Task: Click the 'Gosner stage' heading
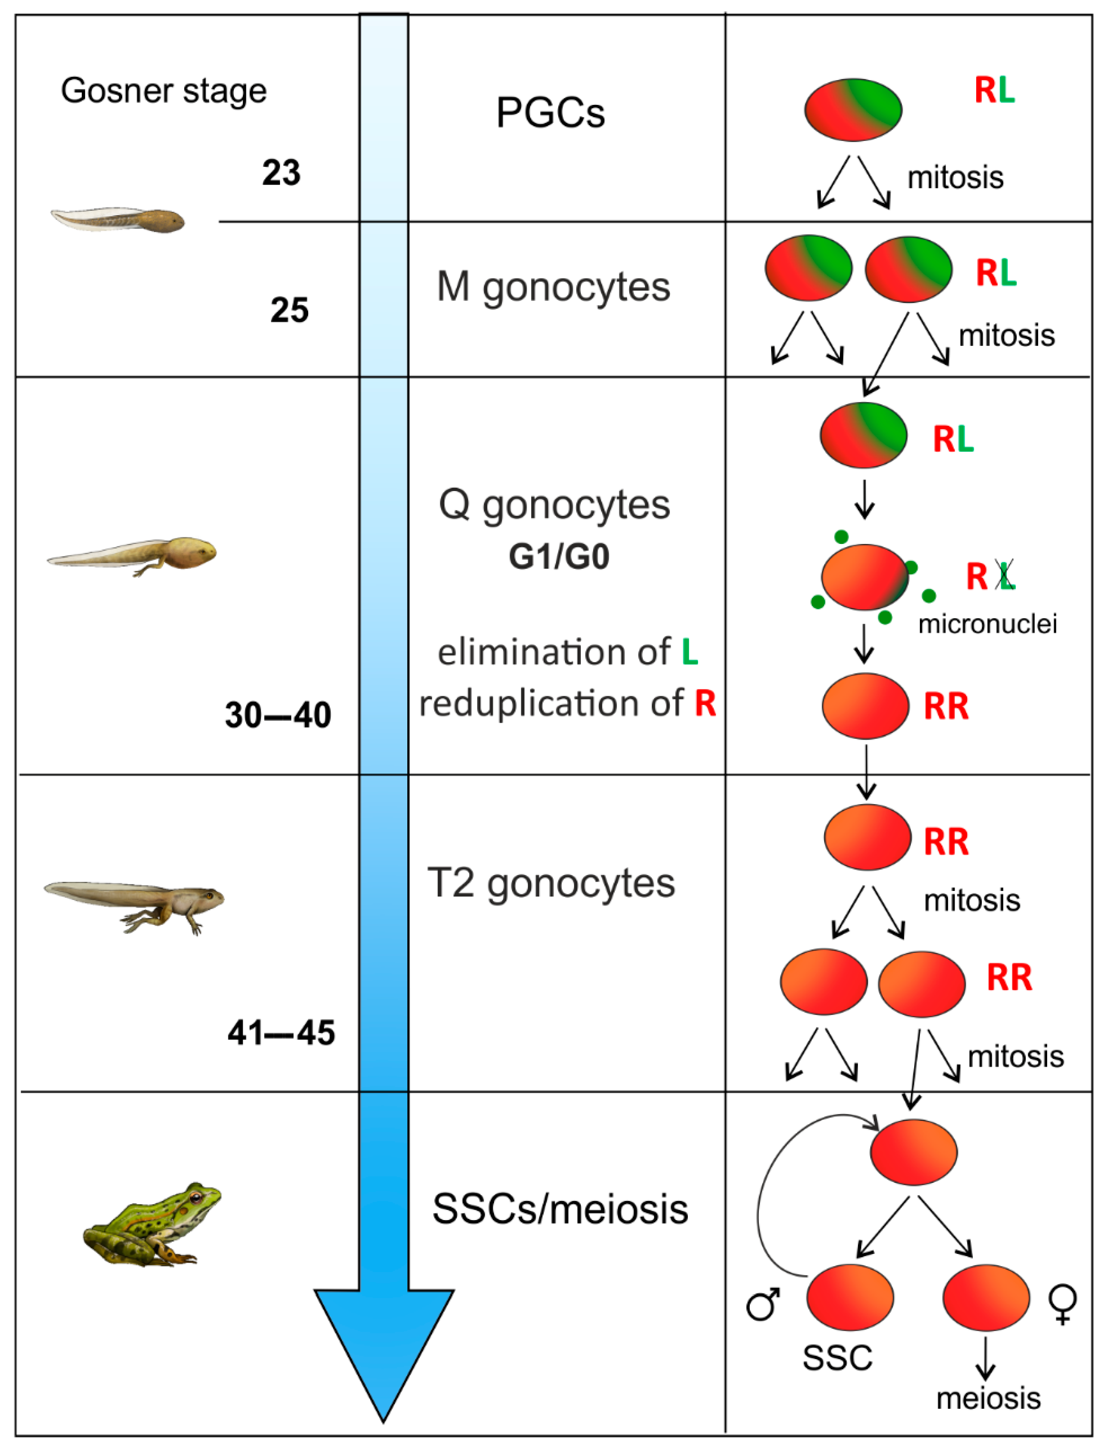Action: (x=164, y=91)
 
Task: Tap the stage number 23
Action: (x=281, y=173)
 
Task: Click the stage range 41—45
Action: (x=281, y=1032)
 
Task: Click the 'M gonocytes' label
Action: (x=553, y=287)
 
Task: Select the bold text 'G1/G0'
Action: (x=558, y=556)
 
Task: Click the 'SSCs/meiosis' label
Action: (x=560, y=1208)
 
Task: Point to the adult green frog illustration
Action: (x=152, y=1224)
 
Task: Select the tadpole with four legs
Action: (x=135, y=904)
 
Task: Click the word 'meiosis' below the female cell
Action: (x=988, y=1398)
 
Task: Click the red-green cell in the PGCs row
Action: (x=853, y=110)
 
